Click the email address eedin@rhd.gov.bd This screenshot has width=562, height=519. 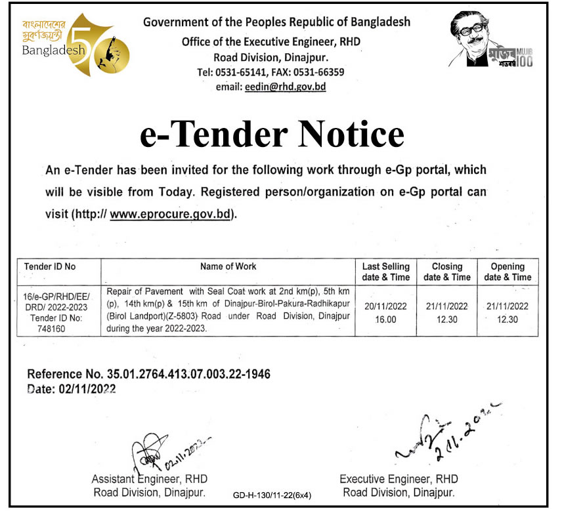pyautogui.click(x=285, y=87)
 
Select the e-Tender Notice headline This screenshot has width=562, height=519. pyautogui.click(x=271, y=134)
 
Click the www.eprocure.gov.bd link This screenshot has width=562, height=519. pyautogui.click(x=171, y=215)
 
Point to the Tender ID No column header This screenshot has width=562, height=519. pyautogui.click(x=50, y=267)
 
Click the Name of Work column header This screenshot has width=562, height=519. pyautogui.click(x=228, y=266)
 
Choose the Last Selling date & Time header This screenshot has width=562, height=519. pyautogui.click(x=386, y=272)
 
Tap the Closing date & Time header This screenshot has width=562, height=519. pyautogui.click(x=447, y=272)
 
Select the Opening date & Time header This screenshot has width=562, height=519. pyautogui.click(x=508, y=272)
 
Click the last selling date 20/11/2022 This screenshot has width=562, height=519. pyautogui.click(x=386, y=306)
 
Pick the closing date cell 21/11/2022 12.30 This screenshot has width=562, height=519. pyautogui.click(x=447, y=311)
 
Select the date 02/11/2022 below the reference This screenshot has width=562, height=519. pyautogui.click(x=91, y=389)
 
